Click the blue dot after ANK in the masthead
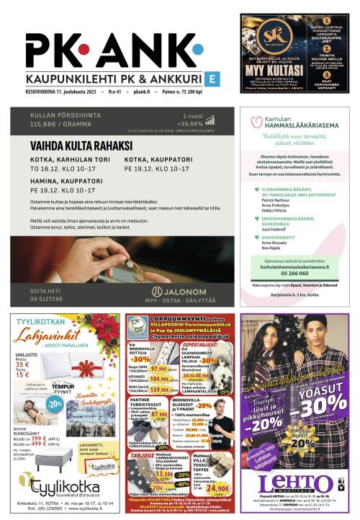pyautogui.click(x=197, y=50)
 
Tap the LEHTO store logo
pyautogui.click(x=295, y=484)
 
